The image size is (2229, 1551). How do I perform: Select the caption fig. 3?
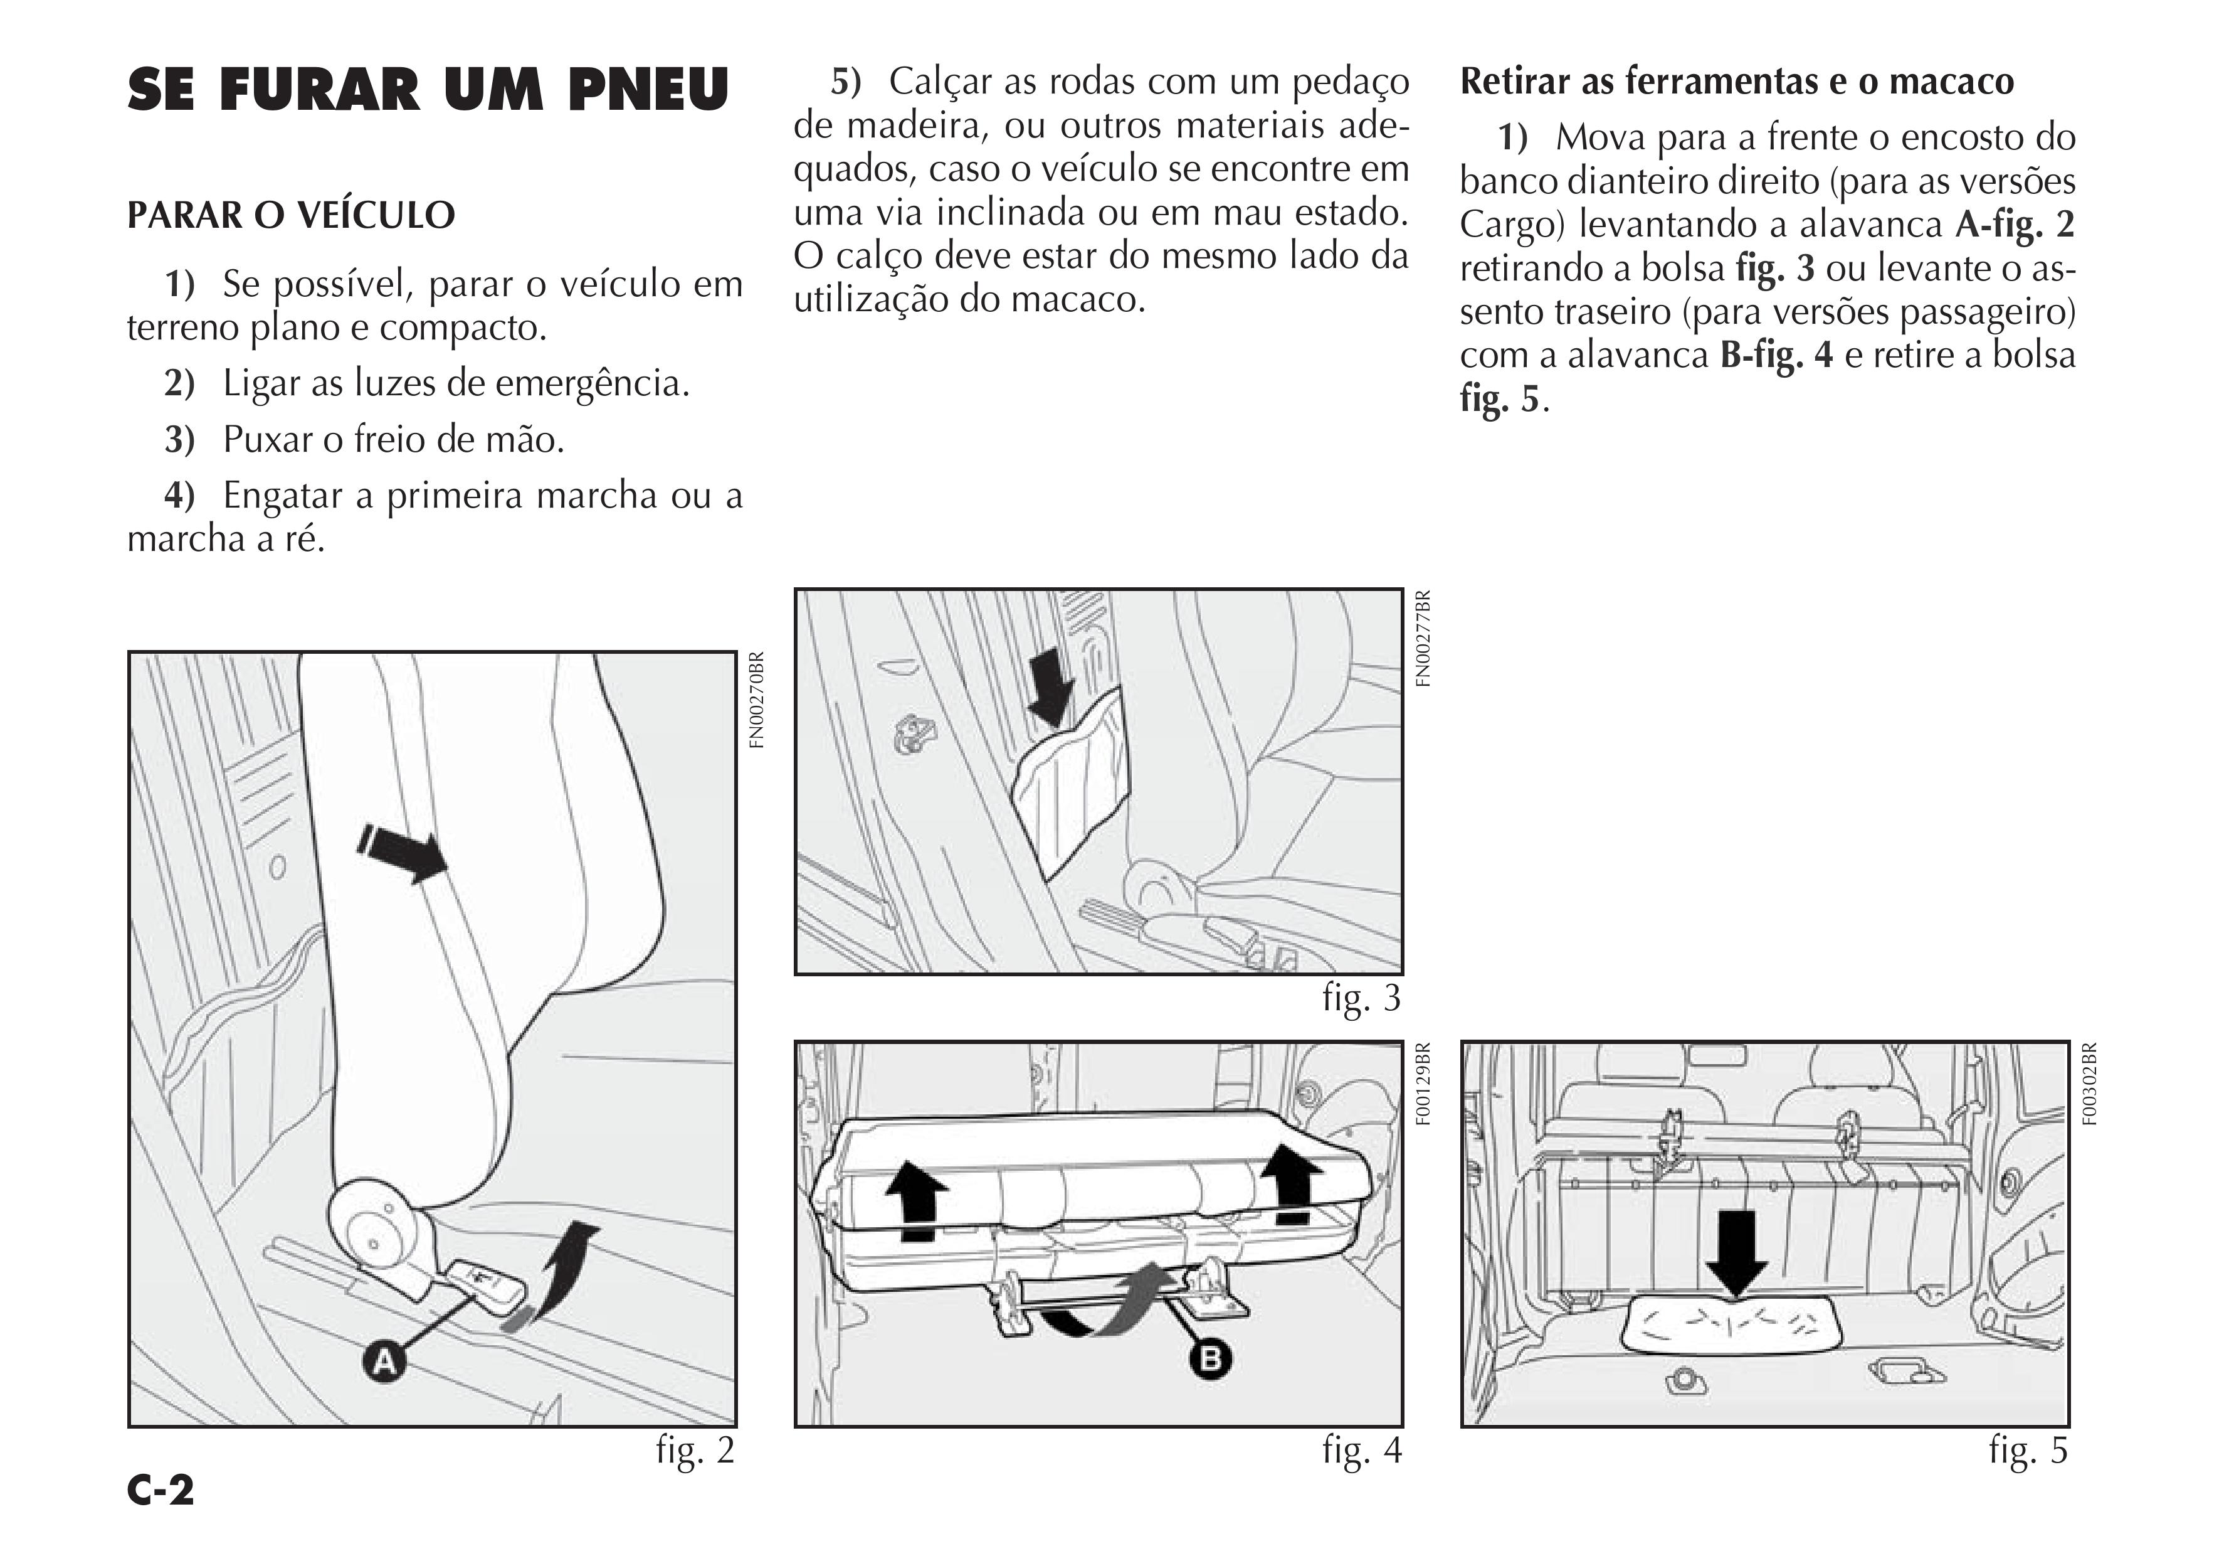pos(1361,998)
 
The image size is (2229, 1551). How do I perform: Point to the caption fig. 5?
pos(2028,1450)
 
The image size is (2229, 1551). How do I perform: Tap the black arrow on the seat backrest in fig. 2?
pos(402,851)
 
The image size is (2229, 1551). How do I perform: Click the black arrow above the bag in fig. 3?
pos(1050,686)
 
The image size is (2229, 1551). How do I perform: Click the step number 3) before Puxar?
pos(179,440)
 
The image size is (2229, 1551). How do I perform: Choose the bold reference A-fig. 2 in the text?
pos(2015,225)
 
